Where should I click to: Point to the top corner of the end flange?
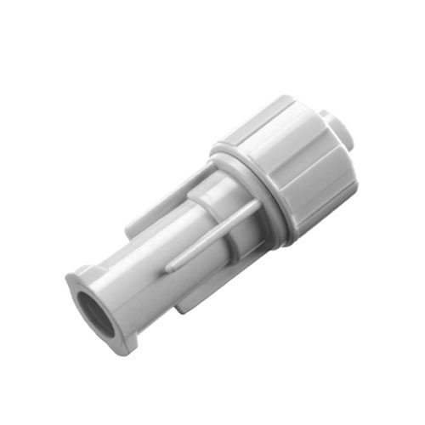(73, 273)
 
